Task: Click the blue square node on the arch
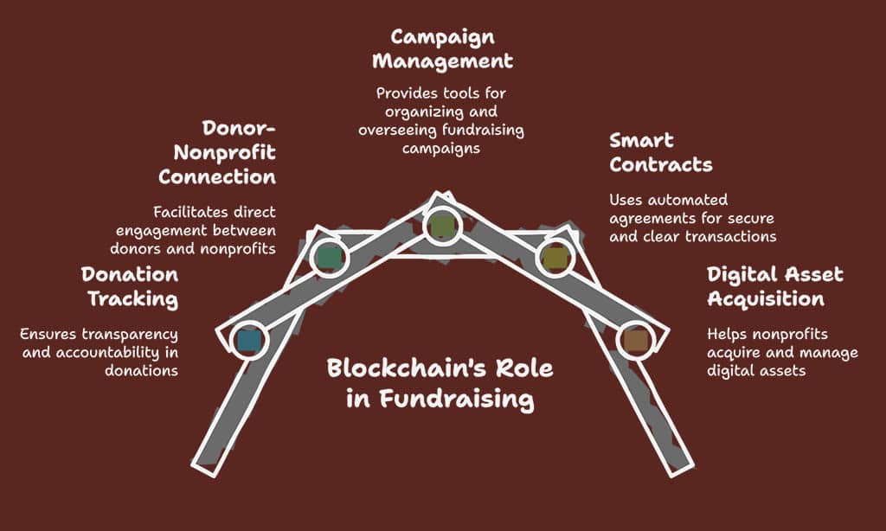248,340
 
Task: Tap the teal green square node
330,257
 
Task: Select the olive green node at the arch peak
442,226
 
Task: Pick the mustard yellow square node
554,257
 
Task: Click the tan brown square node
635,341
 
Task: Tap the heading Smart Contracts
660,152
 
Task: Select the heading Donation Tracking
130,287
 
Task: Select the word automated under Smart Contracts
684,200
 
